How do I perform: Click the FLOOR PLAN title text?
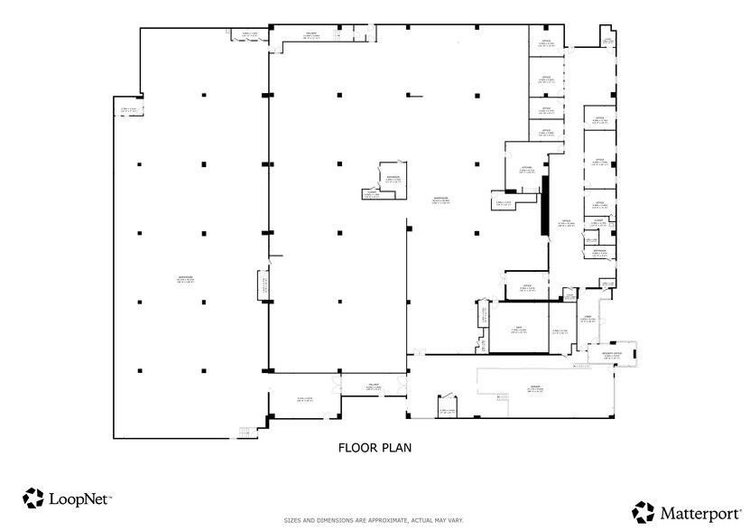tap(375, 447)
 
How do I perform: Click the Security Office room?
tap(611, 357)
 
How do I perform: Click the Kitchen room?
tap(565, 222)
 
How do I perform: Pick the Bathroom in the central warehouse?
tap(392, 178)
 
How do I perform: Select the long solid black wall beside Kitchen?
tap(544, 206)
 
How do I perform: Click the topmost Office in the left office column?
tap(545, 42)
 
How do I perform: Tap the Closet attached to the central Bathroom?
tap(371, 193)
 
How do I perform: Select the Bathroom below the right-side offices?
tap(599, 253)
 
